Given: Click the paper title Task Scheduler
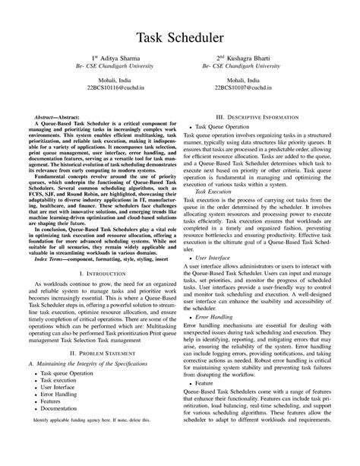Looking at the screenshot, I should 180,36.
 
